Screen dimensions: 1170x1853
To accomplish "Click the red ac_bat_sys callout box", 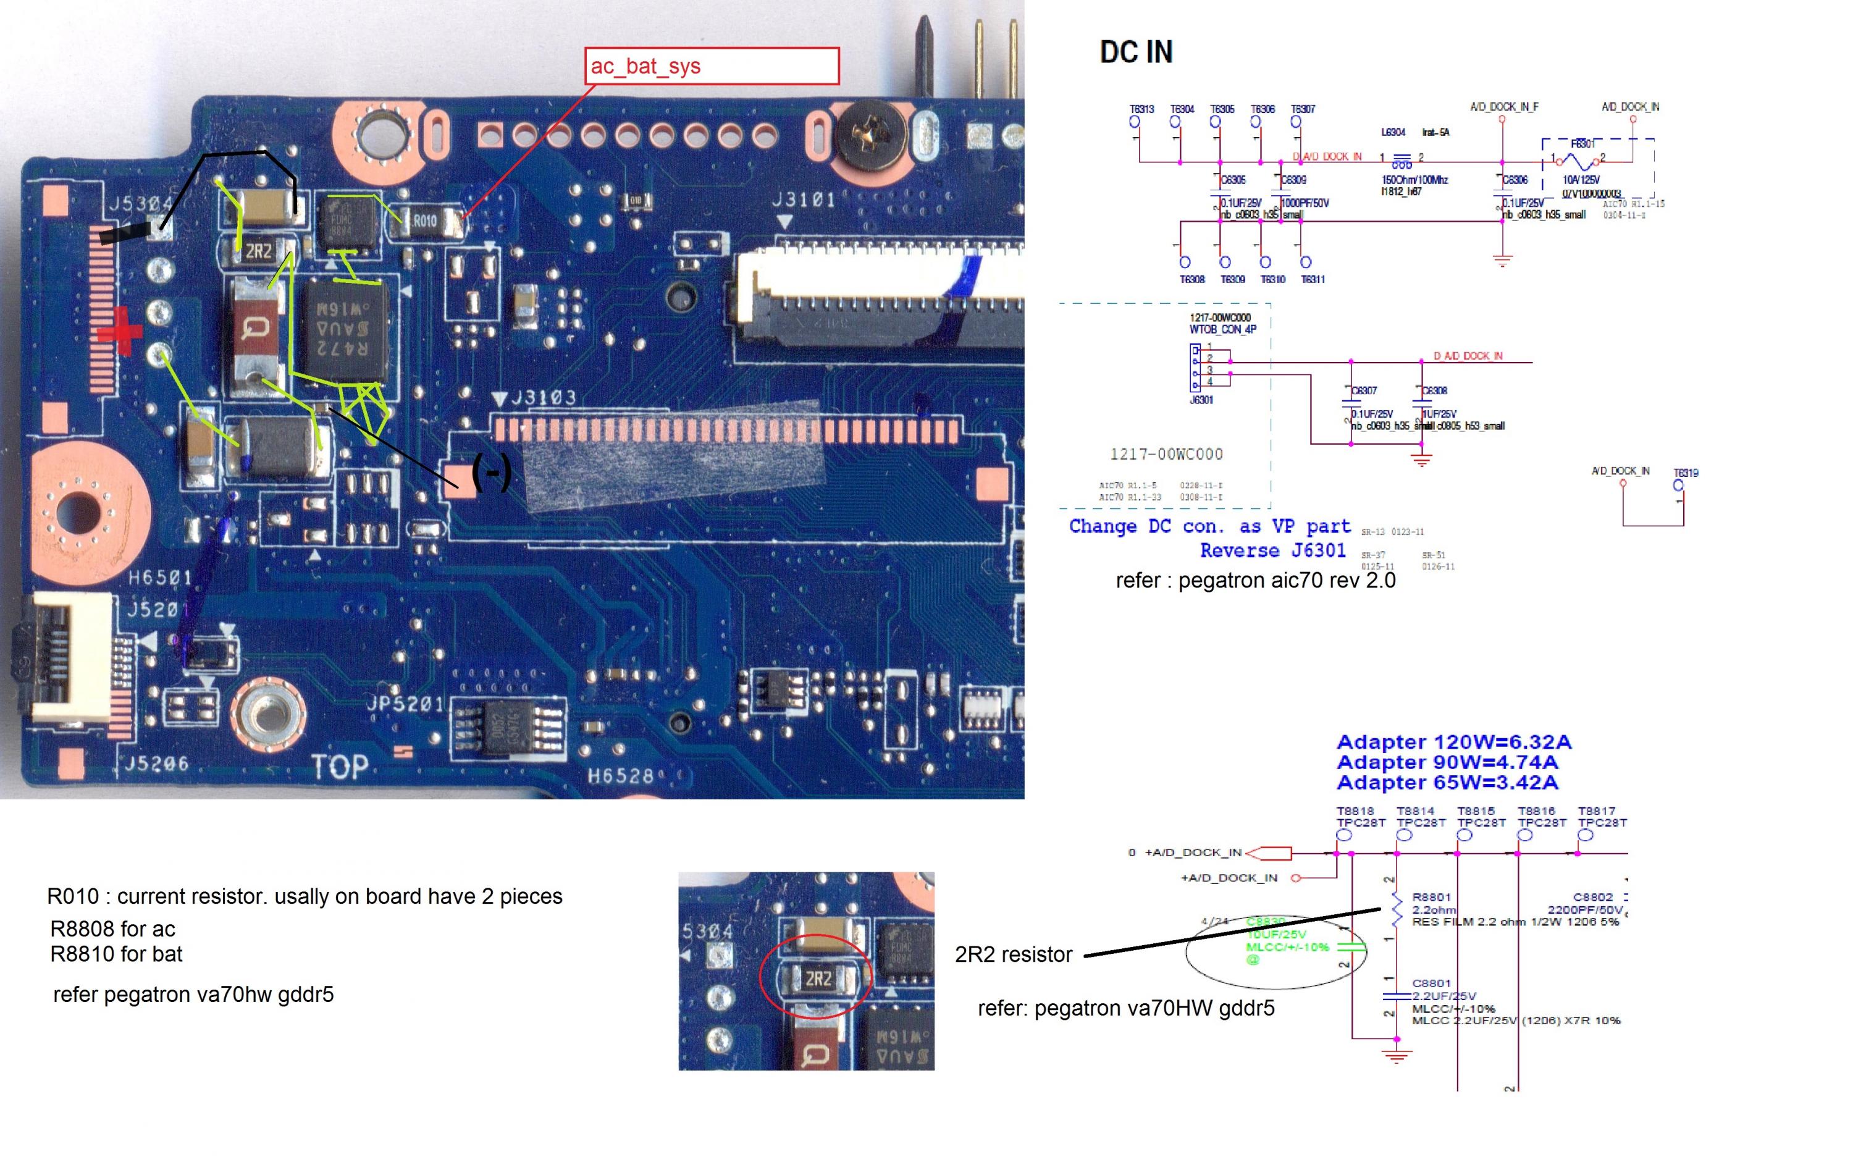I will tap(711, 66).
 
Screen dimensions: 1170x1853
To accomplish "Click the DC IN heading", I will tap(1136, 53).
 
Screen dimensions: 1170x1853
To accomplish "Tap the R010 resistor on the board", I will tap(425, 222).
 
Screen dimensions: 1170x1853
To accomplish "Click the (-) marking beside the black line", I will tap(491, 471).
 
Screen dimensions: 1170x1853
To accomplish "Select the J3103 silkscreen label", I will tap(544, 398).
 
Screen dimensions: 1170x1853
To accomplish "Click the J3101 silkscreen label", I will tap(804, 200).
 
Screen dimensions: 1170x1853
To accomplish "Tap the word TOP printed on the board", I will tap(339, 767).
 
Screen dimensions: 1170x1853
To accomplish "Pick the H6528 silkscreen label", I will tap(620, 776).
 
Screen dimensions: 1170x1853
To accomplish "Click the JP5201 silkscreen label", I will tap(405, 704).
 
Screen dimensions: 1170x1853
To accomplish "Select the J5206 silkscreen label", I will tap(156, 764).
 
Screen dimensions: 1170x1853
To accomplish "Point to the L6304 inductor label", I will tap(1393, 132).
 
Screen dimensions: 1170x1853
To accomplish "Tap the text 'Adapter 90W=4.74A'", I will tap(1447, 762).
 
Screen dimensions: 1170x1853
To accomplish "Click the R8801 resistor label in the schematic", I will tap(1431, 897).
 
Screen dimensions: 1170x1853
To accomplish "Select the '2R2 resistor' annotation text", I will tap(1013, 954).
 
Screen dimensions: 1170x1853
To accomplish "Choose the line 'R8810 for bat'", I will tap(116, 954).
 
